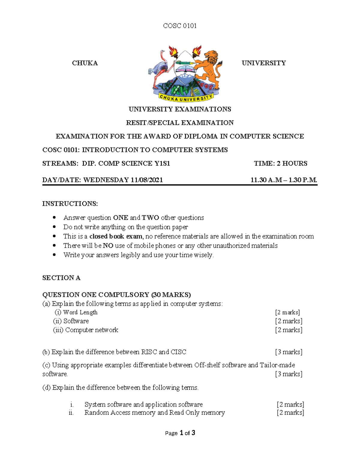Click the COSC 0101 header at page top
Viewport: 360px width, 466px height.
(x=180, y=26)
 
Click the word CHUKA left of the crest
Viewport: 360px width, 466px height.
(x=85, y=63)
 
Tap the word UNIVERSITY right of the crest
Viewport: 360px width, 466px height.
(x=264, y=63)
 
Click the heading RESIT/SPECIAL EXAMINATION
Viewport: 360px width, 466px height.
(x=180, y=123)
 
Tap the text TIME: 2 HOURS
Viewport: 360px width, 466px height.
(x=280, y=164)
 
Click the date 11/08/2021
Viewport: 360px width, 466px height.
(x=147, y=180)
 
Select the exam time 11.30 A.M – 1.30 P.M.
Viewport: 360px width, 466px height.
(x=283, y=180)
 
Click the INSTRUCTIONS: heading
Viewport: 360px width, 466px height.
(x=70, y=204)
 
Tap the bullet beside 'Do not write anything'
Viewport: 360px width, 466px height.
(x=54, y=227)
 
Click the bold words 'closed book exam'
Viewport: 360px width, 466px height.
(x=116, y=236)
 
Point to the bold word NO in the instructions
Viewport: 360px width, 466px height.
(x=108, y=246)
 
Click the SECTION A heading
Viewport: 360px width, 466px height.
(x=61, y=278)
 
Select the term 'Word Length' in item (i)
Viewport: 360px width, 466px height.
(x=80, y=312)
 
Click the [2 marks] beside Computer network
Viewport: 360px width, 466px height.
(x=289, y=330)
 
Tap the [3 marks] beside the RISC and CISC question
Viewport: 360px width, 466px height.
(x=289, y=352)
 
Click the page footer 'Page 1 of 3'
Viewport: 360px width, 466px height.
(x=180, y=433)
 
